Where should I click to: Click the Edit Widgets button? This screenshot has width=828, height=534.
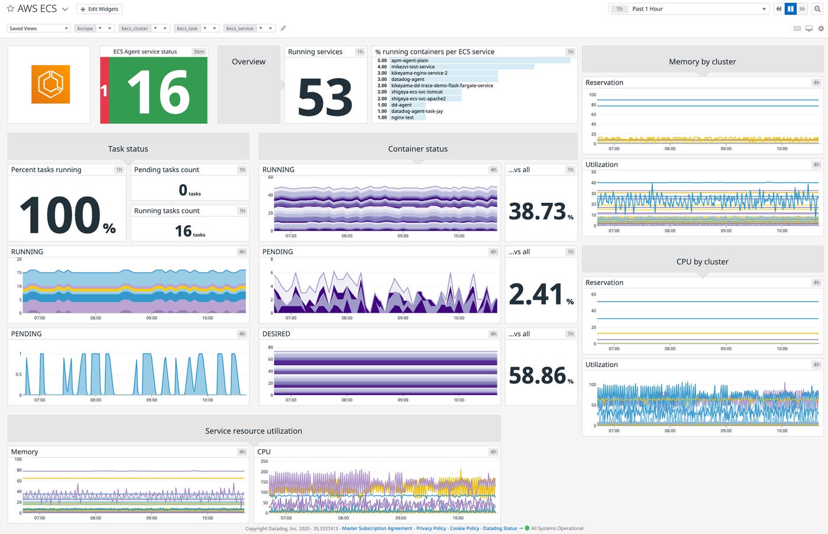click(x=99, y=9)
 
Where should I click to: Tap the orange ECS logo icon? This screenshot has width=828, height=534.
click(x=50, y=85)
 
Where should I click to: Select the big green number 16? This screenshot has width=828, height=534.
click(x=159, y=92)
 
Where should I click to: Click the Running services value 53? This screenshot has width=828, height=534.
click(x=325, y=97)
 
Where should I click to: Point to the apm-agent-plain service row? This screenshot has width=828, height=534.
click(x=409, y=60)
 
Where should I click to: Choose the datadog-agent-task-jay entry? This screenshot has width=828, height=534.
click(x=416, y=111)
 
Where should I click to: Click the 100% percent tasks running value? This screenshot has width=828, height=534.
click(x=67, y=215)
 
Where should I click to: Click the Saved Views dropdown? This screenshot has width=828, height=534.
click(x=38, y=28)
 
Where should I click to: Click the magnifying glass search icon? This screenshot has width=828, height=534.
click(x=817, y=9)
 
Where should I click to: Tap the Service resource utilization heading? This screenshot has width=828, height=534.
click(x=253, y=431)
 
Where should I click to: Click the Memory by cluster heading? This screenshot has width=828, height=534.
click(x=702, y=62)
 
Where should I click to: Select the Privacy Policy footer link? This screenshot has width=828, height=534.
click(x=431, y=529)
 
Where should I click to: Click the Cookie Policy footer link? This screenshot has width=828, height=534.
click(x=464, y=529)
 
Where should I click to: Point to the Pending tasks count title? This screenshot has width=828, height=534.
click(x=166, y=170)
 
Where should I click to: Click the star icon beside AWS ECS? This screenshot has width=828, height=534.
click(x=10, y=9)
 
